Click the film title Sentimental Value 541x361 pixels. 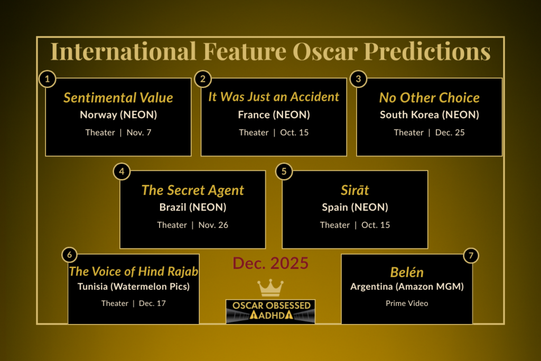pos(118,98)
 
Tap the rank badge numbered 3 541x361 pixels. pos(358,79)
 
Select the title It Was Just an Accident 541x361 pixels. pos(274,97)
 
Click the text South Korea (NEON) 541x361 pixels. pos(429,115)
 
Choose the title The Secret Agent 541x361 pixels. pos(193,190)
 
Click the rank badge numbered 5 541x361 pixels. pos(284,171)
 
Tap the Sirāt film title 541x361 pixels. pos(355,190)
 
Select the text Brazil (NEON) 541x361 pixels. pos(193,207)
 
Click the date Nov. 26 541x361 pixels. pos(213,225)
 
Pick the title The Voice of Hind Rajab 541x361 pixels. pos(134,272)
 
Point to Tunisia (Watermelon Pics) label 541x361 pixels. pos(133,287)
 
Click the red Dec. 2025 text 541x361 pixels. pos(270,263)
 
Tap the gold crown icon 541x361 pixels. pos(270,288)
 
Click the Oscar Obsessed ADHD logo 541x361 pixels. pos(270,311)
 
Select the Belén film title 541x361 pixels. pos(407,272)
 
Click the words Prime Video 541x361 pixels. pos(407,303)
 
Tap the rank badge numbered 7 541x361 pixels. pos(471,255)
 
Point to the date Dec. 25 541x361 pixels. pos(450,133)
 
